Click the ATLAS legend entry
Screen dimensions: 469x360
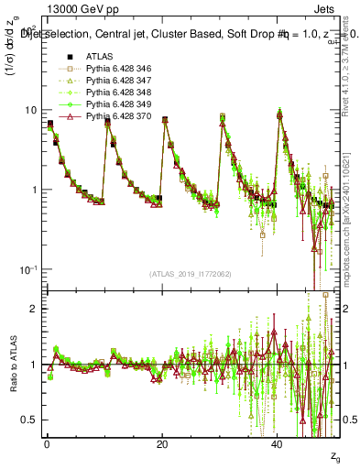98,57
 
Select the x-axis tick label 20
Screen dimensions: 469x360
162,443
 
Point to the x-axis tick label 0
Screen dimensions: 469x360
47,443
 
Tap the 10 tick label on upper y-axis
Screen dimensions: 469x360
30,111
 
